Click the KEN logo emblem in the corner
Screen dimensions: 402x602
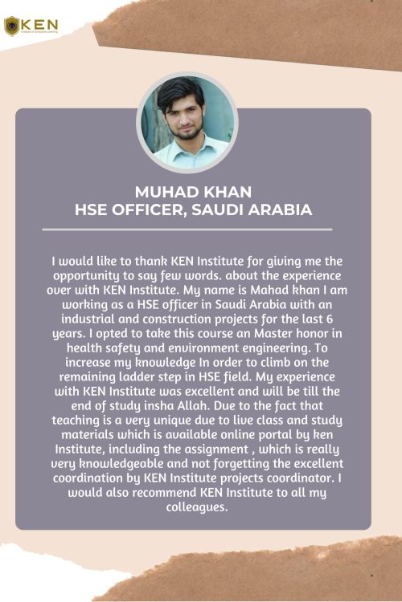click(x=12, y=25)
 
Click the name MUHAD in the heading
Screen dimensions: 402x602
click(x=163, y=192)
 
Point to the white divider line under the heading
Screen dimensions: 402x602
click(x=187, y=230)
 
